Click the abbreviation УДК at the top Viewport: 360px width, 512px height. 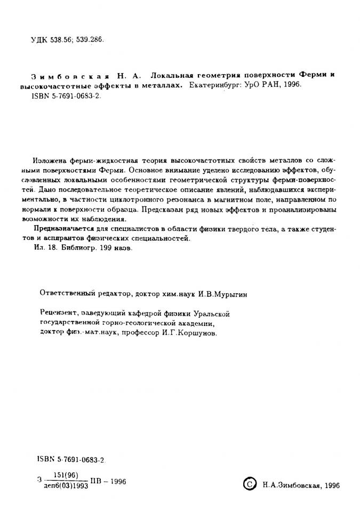point(39,40)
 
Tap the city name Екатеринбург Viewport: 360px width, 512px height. point(210,85)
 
